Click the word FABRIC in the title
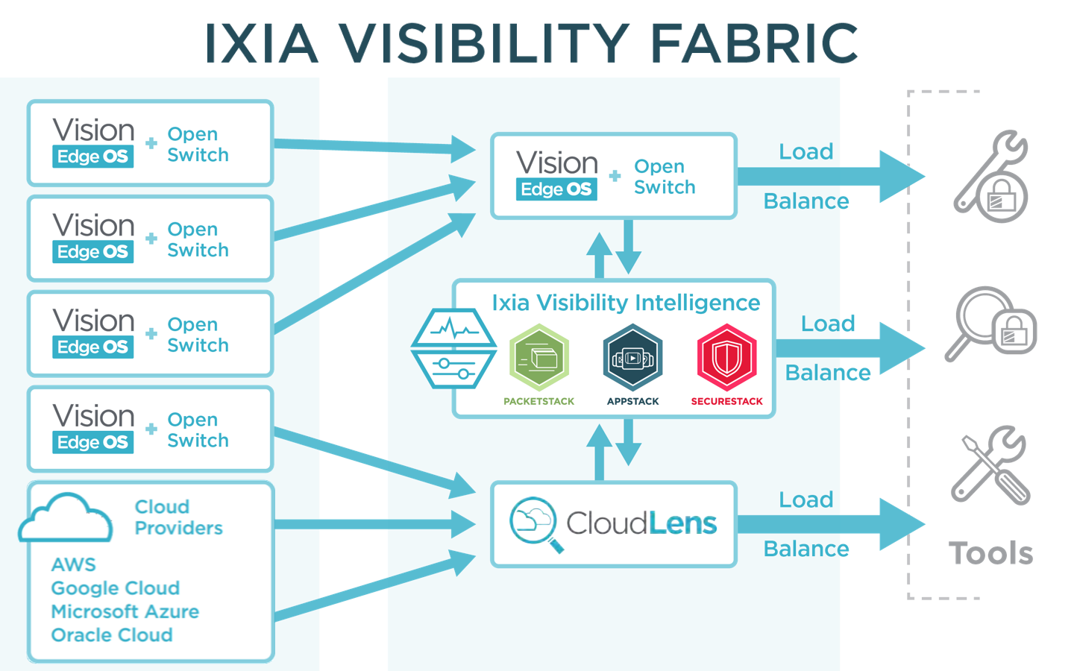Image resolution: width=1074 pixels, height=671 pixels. click(x=754, y=43)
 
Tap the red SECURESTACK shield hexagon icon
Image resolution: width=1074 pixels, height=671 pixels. click(x=726, y=358)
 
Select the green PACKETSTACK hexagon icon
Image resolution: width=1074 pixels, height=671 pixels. click(x=539, y=358)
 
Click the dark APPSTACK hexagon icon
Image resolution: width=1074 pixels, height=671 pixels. click(x=632, y=358)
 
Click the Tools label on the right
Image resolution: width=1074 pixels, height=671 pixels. click(x=990, y=553)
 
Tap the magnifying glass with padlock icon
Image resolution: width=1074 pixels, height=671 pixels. click(x=991, y=324)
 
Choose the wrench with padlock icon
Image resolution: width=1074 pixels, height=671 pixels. click(x=991, y=177)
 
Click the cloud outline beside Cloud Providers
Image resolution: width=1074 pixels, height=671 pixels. click(x=66, y=517)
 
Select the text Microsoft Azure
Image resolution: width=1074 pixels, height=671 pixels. click(x=125, y=611)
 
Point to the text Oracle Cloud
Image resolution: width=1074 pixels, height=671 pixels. click(x=112, y=635)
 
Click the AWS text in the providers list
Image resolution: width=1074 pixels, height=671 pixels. click(x=74, y=564)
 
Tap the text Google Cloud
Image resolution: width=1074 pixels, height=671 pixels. click(x=116, y=588)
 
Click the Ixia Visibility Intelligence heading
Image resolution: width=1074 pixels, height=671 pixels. click(x=626, y=303)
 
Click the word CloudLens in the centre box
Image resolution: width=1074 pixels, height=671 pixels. click(x=641, y=523)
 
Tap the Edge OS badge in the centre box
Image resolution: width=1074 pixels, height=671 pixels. click(x=556, y=189)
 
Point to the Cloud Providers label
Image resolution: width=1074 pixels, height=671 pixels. click(x=178, y=517)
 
